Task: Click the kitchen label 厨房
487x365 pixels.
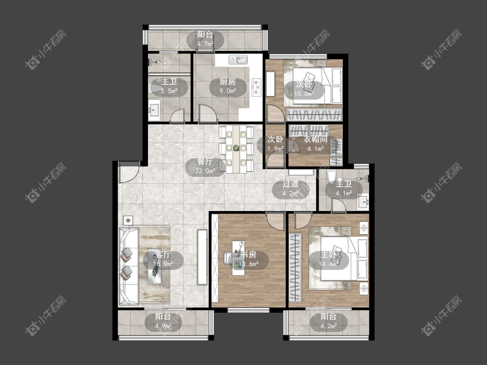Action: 228,82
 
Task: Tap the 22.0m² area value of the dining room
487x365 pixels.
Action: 205,171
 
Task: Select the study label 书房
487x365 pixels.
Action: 249,255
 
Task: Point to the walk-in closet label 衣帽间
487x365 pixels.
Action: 316,139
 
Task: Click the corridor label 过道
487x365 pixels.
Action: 290,184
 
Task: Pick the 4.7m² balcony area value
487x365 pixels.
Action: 205,44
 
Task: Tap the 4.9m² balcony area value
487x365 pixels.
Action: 163,326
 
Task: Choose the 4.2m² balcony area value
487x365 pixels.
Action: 329,326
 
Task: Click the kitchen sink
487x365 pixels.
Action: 238,60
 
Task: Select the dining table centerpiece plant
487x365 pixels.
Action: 236,148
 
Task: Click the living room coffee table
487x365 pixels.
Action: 155,266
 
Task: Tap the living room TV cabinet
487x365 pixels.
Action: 202,257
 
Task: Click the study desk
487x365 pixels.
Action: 238,258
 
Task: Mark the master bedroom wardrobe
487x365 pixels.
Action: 295,267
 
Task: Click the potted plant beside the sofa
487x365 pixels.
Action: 128,221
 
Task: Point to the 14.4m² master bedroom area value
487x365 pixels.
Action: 329,264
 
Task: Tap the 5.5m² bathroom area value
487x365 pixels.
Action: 169,91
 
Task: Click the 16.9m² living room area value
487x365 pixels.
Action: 163,264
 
